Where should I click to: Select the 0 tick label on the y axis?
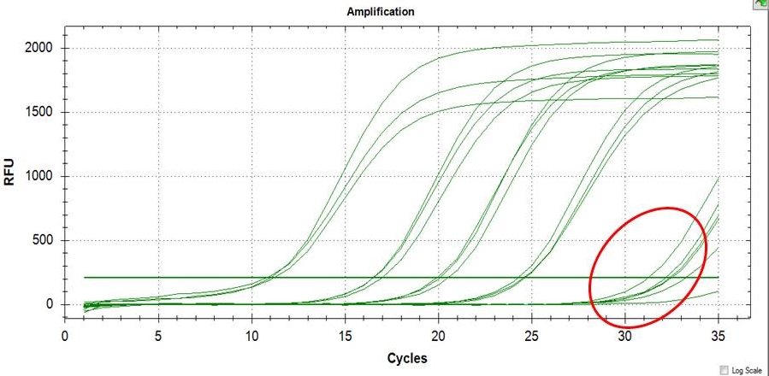click(x=53, y=304)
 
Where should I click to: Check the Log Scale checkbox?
click(x=726, y=369)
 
